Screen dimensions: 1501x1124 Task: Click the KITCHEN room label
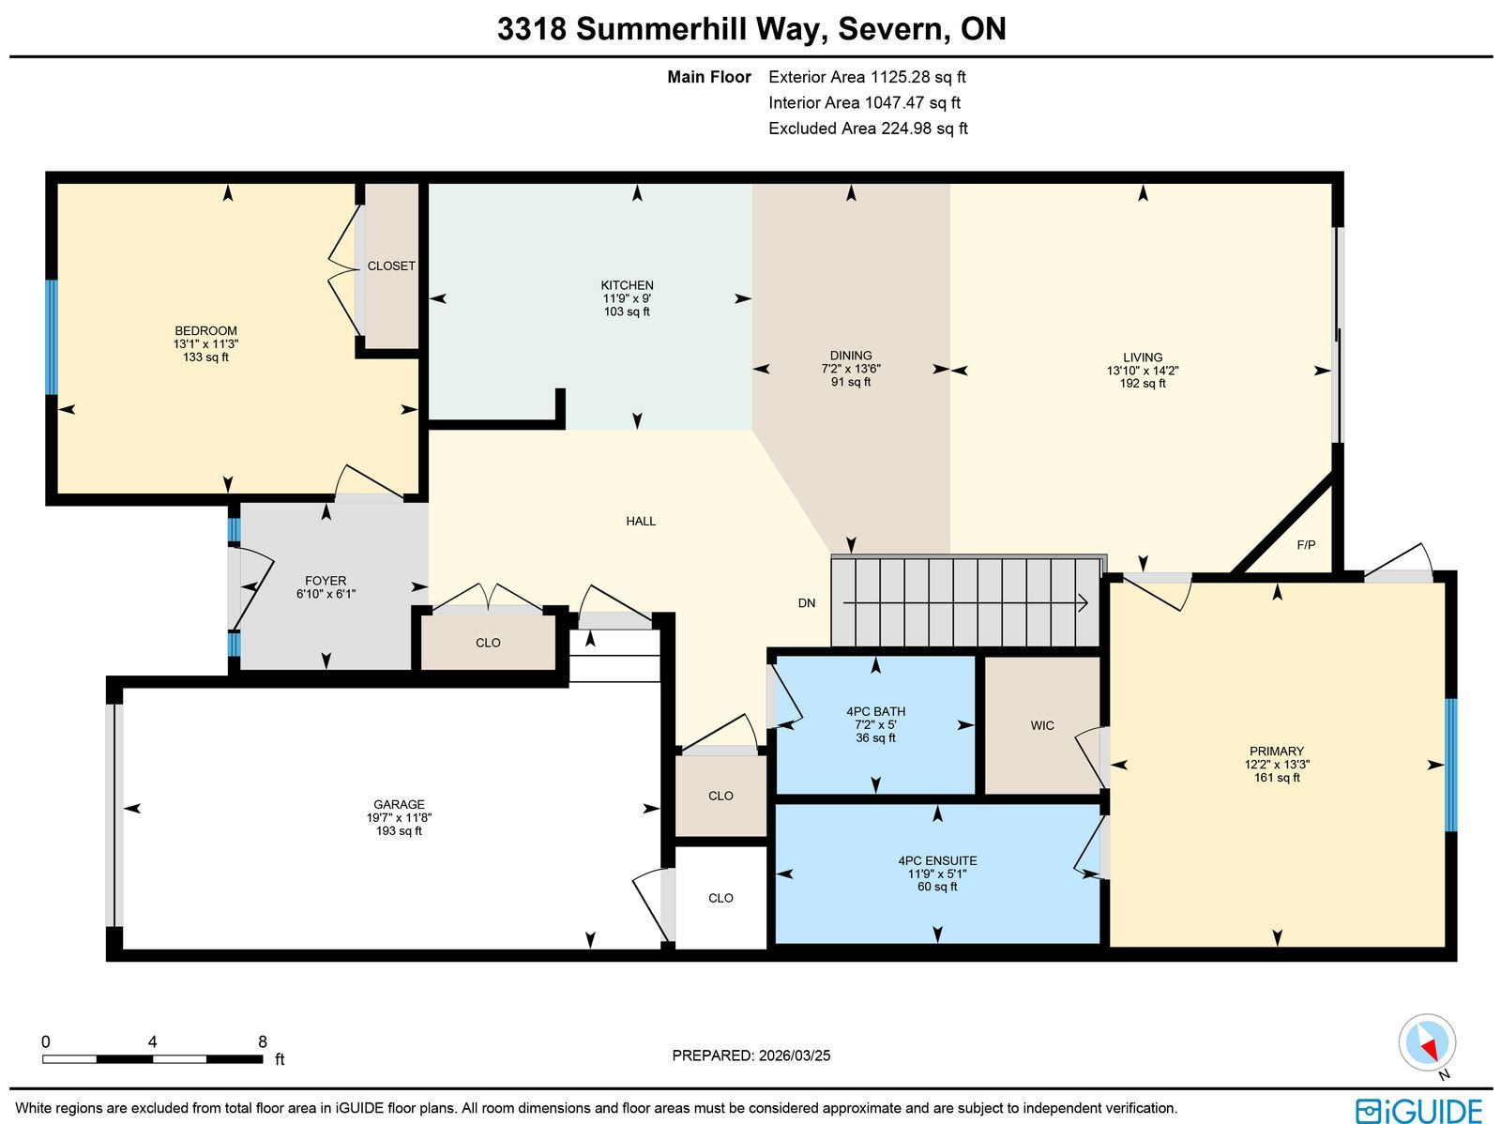point(627,285)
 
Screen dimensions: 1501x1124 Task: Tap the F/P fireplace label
point(1306,545)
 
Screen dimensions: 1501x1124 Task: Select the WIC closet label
point(1041,725)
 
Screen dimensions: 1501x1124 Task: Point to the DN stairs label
point(806,603)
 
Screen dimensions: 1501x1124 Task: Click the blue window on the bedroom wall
point(52,337)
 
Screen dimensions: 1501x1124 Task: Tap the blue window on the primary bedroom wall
point(1450,765)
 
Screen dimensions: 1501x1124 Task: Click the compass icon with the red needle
point(1427,1043)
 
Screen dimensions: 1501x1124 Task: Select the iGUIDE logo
point(1418,1110)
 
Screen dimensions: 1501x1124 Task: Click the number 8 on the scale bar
point(262,1042)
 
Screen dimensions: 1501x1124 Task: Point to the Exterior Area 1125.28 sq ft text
point(867,77)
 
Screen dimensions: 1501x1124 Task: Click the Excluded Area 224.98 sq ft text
point(868,129)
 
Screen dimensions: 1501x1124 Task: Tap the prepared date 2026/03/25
point(794,1056)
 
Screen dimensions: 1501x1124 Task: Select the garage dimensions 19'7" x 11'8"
point(399,818)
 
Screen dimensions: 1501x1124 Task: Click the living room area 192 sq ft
point(1142,384)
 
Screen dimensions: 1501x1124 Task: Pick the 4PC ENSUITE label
point(937,860)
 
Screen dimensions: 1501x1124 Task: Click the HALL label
point(641,522)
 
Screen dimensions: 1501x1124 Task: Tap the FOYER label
point(326,581)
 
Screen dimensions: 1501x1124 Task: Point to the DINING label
point(851,356)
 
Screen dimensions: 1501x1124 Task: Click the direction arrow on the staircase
point(965,603)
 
